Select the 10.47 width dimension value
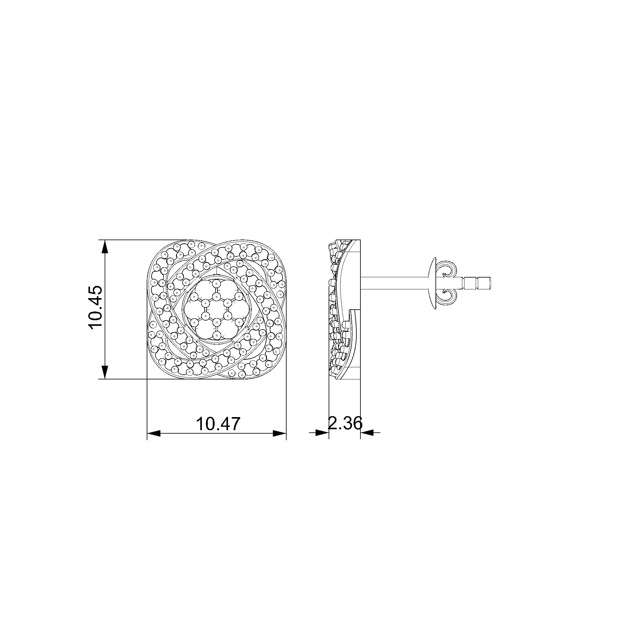(218, 424)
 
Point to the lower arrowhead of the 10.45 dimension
(105, 372)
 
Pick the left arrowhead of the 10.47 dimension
(154, 433)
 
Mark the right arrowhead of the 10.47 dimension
(279, 433)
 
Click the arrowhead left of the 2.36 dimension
(322, 432)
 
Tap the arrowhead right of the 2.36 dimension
(367, 432)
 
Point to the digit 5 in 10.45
(95, 292)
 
